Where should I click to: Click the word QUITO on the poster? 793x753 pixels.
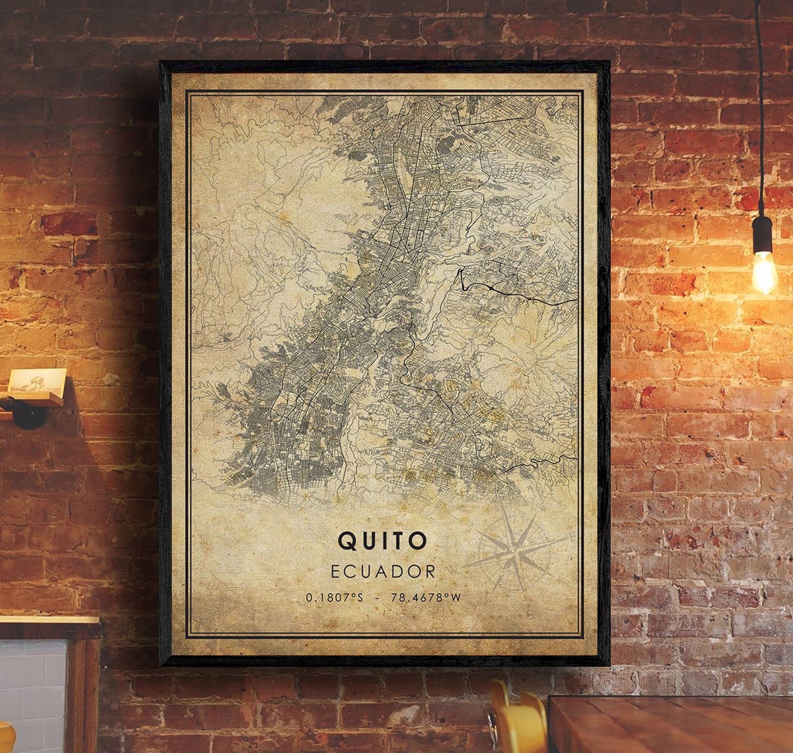pos(383,540)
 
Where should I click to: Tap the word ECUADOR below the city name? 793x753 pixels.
pos(383,572)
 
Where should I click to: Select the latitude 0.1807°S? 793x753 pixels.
pos(335,598)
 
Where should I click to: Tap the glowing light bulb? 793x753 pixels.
pos(764,272)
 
